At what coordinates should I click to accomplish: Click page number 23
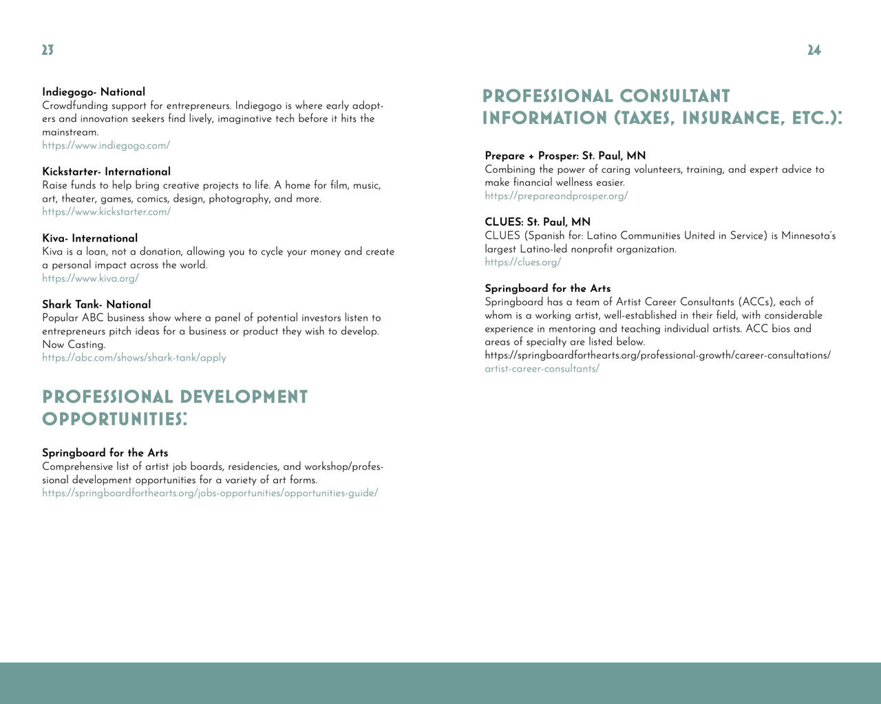click(x=47, y=50)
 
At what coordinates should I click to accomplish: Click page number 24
click(x=814, y=50)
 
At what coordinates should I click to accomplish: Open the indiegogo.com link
click(x=106, y=145)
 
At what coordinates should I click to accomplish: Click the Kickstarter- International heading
click(x=106, y=171)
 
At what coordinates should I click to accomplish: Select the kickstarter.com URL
click(x=106, y=212)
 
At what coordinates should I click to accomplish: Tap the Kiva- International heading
click(x=89, y=238)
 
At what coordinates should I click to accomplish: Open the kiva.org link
click(x=90, y=278)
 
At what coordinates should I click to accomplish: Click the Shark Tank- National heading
click(x=96, y=304)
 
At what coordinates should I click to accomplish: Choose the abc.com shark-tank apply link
click(x=134, y=358)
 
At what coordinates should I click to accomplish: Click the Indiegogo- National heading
click(x=94, y=92)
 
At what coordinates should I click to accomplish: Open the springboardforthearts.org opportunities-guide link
click(x=210, y=493)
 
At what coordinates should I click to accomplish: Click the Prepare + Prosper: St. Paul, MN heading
click(x=565, y=156)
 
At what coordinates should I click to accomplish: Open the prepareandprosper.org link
click(x=556, y=195)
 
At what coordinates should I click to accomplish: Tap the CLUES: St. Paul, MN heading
click(x=538, y=222)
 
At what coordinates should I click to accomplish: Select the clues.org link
click(x=522, y=262)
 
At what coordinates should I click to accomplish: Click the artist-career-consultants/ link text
click(x=542, y=369)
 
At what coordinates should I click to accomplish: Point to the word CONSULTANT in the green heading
click(x=675, y=96)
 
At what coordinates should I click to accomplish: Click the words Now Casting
click(x=74, y=345)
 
